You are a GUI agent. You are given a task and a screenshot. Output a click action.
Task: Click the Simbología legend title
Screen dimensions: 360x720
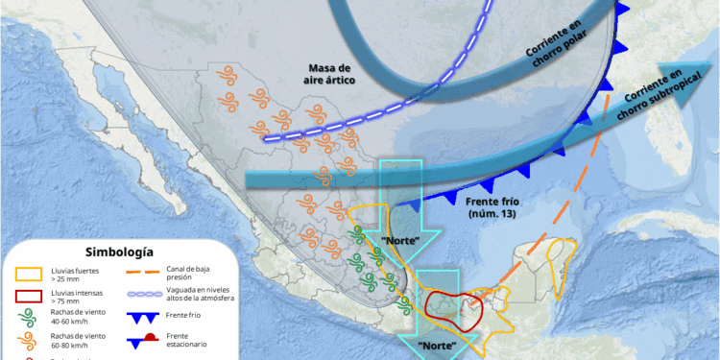119,252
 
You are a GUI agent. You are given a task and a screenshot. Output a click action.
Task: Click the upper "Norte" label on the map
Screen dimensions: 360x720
400,239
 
